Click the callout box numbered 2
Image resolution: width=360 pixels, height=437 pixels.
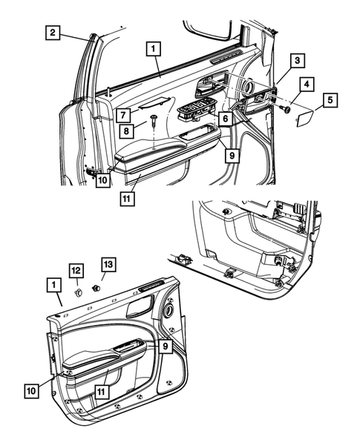click(52, 32)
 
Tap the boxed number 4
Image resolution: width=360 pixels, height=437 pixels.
click(307, 83)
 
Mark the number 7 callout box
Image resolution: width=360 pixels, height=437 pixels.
click(123, 114)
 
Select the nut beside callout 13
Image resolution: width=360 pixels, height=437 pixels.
click(96, 286)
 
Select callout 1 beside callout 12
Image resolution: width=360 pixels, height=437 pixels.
click(53, 284)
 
